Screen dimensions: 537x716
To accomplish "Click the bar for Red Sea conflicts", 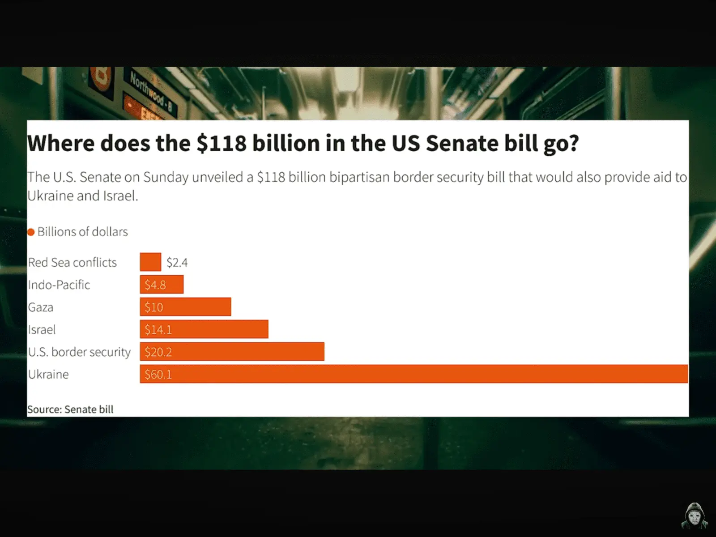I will [x=150, y=262].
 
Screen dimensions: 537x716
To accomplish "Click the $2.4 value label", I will [x=177, y=262].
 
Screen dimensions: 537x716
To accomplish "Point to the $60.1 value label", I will [x=158, y=374].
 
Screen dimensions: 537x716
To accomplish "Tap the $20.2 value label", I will [x=158, y=352].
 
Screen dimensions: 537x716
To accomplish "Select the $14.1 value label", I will [x=158, y=329].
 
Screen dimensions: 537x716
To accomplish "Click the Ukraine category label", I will [x=48, y=374].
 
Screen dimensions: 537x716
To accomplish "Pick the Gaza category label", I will [x=41, y=307].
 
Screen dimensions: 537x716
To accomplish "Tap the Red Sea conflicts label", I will [x=72, y=262].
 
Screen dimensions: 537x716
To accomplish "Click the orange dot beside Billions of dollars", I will [x=31, y=232].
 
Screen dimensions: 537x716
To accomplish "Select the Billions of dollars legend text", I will [x=82, y=232].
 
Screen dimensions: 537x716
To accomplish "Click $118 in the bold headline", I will [x=222, y=144].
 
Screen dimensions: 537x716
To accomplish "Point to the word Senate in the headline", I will [x=461, y=144].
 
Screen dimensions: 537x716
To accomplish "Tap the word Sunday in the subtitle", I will [x=166, y=177].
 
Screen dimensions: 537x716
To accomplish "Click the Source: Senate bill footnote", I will [x=70, y=409].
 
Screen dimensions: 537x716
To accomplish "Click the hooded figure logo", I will [x=694, y=516].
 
